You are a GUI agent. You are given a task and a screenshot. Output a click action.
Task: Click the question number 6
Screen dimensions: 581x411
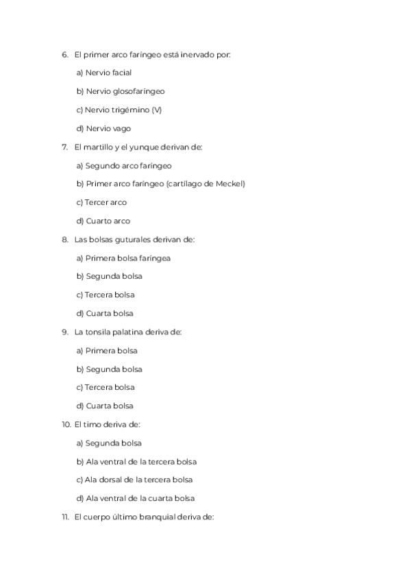[x=64, y=54]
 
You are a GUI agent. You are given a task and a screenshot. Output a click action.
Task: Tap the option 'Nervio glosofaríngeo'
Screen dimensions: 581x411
[x=121, y=91]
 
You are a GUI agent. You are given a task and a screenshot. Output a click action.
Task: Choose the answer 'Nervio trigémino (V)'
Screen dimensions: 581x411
[x=119, y=110]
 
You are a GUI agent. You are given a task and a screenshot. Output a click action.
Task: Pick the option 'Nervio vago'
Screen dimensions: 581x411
[x=103, y=128]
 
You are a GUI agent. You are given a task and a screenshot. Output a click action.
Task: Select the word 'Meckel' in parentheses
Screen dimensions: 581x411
[x=229, y=184]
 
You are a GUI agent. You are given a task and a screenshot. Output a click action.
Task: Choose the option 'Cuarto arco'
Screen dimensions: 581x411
[x=103, y=221]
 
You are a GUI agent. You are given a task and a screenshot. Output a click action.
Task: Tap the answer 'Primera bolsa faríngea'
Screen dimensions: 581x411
[x=123, y=258]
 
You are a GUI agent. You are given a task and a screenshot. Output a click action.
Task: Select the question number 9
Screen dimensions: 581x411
[x=64, y=332]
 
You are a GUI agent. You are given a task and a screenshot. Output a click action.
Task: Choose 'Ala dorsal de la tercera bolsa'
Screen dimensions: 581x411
[x=134, y=480]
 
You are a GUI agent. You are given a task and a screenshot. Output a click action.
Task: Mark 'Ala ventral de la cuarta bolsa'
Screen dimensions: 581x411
[x=136, y=498]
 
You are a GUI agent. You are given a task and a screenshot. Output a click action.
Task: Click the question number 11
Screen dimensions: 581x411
[x=65, y=517]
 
